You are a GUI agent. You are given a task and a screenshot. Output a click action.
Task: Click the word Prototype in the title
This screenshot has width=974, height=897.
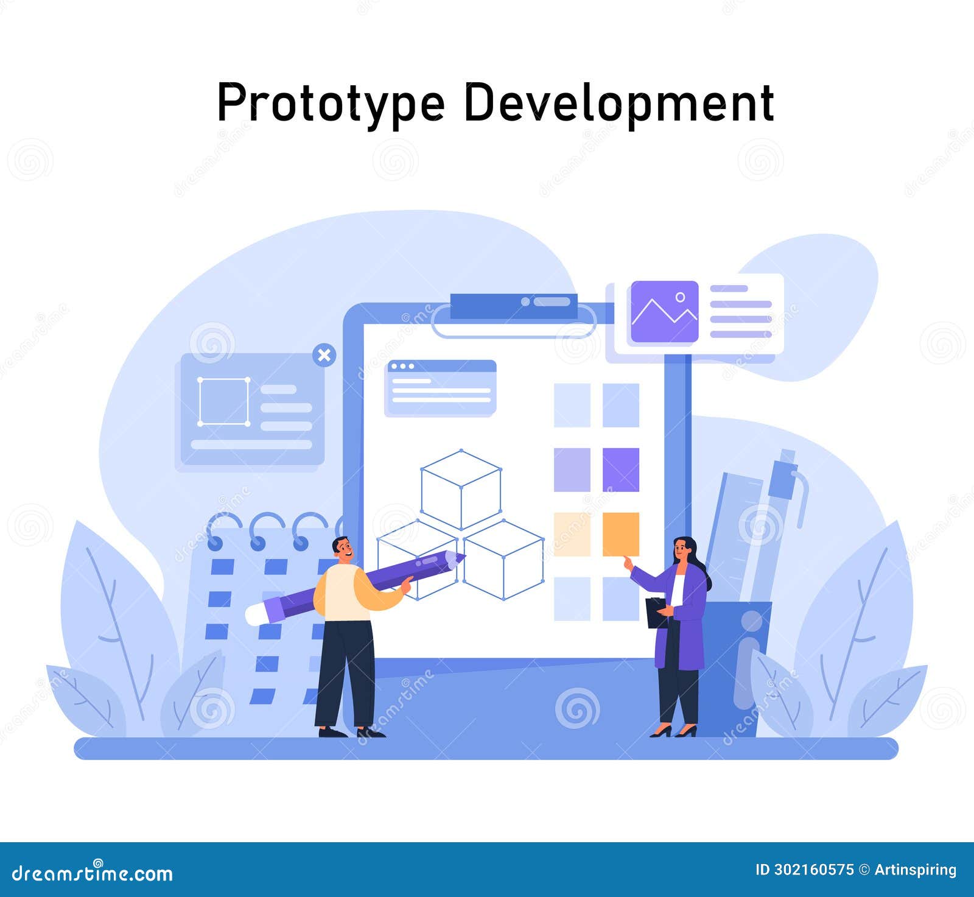click(331, 102)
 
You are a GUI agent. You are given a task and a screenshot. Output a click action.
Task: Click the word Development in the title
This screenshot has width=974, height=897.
click(618, 102)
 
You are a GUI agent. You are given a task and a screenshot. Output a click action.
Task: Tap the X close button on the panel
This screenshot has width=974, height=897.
click(324, 355)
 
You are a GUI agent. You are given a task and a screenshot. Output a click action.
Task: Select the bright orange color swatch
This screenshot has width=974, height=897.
click(621, 534)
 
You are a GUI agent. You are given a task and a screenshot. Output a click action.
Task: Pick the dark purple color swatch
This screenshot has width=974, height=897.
click(621, 470)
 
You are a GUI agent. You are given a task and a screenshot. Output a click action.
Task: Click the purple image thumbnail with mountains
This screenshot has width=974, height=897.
click(664, 311)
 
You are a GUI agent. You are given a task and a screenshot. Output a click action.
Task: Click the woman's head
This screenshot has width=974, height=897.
click(684, 550)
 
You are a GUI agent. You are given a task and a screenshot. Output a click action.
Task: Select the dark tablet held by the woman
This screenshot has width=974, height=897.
click(656, 612)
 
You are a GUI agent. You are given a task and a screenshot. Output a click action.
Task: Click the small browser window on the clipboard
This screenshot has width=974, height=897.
click(441, 388)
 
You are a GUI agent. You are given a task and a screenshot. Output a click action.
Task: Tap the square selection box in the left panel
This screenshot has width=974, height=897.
click(223, 401)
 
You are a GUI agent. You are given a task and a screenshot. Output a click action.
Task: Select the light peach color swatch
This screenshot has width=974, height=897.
click(572, 534)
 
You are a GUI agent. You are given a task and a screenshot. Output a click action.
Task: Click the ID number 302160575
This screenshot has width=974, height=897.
click(805, 870)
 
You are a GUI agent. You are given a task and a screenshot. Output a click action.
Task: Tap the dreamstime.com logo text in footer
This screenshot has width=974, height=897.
click(93, 873)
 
